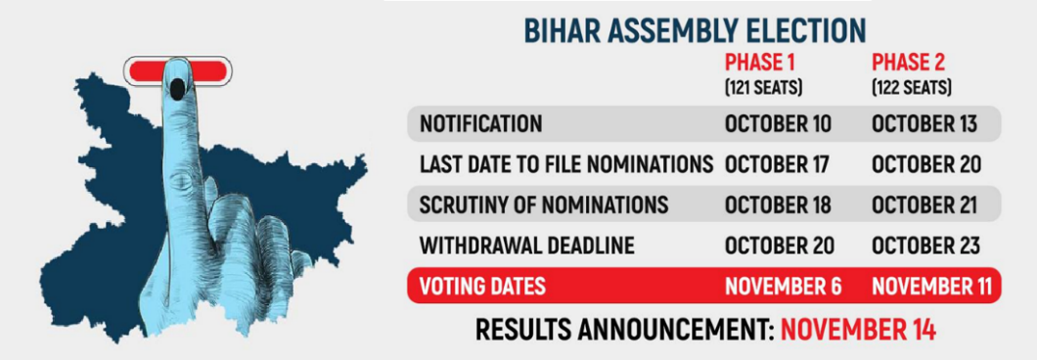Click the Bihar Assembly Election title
point(695,31)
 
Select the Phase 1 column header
point(760,63)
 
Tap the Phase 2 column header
point(908,63)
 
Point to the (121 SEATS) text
point(763,87)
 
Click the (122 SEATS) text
point(912,87)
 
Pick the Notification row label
point(480,123)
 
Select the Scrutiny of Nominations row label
point(544,205)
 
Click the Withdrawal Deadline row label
point(527,247)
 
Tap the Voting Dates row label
point(482,287)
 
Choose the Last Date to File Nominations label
point(566,164)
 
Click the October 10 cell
point(779,123)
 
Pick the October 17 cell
point(777,164)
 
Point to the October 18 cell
point(778,205)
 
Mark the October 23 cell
point(925,247)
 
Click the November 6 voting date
point(784,287)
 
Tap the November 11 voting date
point(932,287)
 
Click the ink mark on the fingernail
point(178,89)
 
